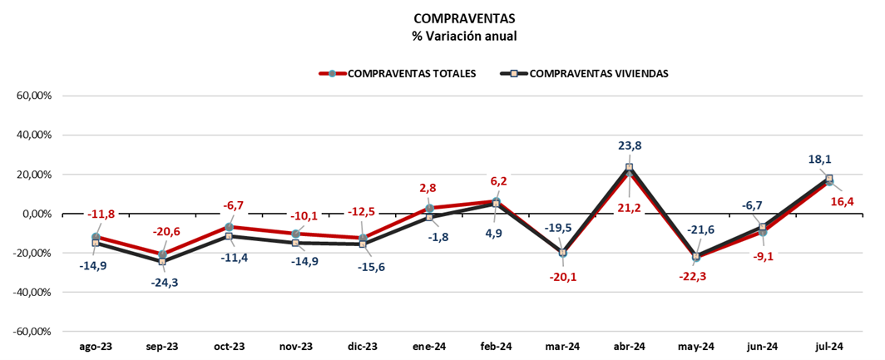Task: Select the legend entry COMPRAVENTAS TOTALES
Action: click(411, 73)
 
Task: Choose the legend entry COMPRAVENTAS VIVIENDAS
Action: click(598, 73)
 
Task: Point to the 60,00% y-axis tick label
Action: click(35, 96)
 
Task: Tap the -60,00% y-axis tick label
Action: click(33, 332)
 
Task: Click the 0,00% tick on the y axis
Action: click(37, 214)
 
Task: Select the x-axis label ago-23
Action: click(96, 346)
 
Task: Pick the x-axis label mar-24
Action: click(562, 346)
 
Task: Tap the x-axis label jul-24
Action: click(829, 346)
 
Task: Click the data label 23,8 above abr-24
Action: click(630, 145)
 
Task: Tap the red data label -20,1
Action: click(562, 276)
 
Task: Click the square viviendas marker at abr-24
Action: click(630, 167)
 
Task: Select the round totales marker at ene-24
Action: click(429, 209)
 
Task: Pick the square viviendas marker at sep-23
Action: click(162, 261)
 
